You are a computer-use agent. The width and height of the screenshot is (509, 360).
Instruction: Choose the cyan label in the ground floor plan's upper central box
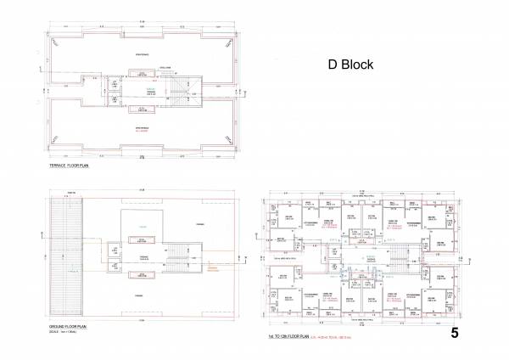point(143,225)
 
